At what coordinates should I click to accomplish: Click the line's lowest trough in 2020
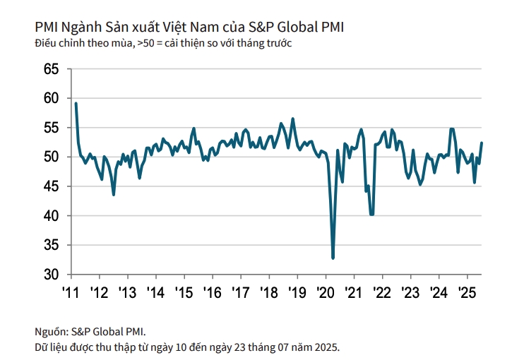333,258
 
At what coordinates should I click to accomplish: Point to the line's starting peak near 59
76,104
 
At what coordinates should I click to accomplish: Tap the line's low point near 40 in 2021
371,214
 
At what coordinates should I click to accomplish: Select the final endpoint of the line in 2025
482,143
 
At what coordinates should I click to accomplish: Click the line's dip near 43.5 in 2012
114,194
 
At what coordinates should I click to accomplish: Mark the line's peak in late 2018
293,119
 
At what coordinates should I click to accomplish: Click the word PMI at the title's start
46,27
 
